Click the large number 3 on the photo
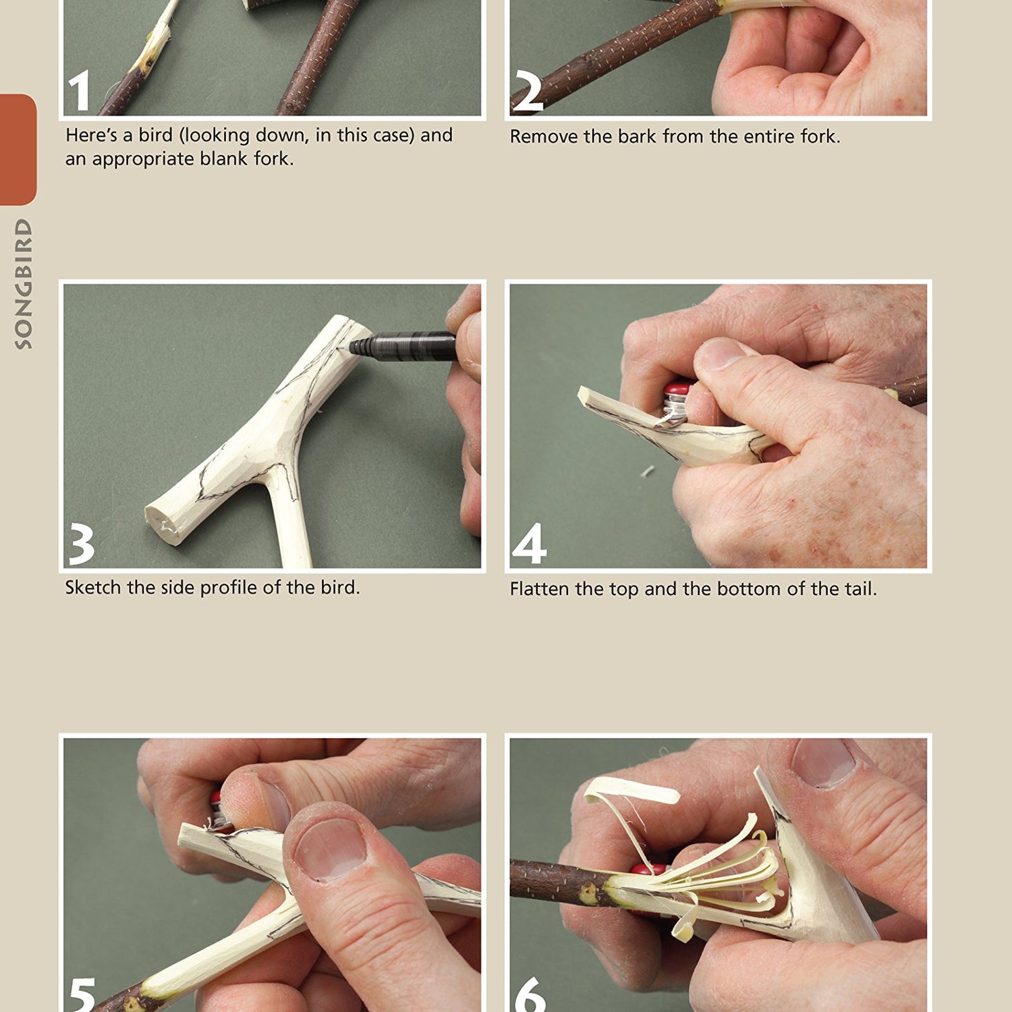click(82, 545)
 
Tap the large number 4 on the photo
click(529, 544)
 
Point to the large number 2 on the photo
click(527, 92)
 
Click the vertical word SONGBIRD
click(24, 283)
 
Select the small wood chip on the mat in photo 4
click(648, 471)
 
